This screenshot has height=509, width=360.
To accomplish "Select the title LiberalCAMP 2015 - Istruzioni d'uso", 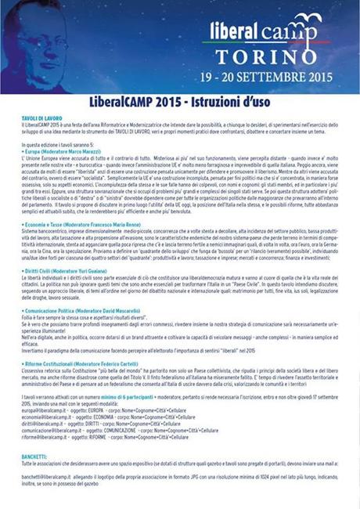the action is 179,105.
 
